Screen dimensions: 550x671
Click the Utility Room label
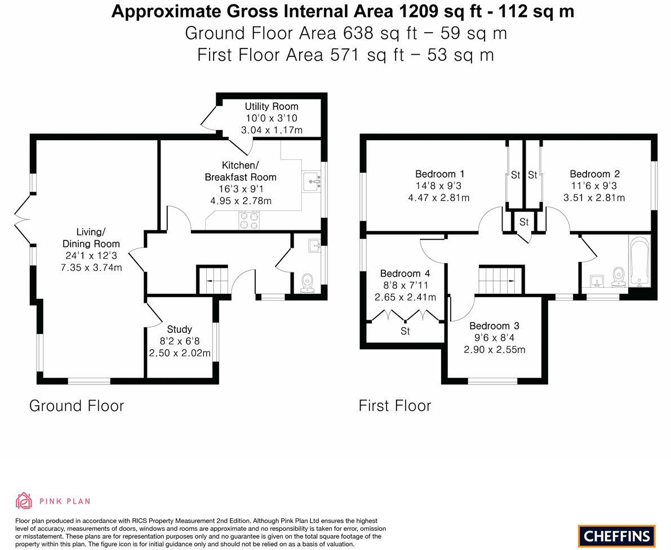click(x=271, y=106)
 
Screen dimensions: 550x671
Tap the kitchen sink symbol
click(x=312, y=181)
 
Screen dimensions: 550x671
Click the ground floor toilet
click(x=308, y=283)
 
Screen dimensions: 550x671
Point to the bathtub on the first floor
click(x=640, y=262)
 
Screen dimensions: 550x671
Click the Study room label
click(x=179, y=329)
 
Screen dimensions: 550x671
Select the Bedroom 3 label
click(x=494, y=326)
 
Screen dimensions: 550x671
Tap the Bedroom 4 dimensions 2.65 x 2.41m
click(x=405, y=297)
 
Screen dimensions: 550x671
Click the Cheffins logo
click(x=617, y=536)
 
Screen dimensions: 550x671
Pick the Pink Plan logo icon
click(x=24, y=500)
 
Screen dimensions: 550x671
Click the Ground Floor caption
click(x=77, y=405)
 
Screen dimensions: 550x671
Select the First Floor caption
click(x=395, y=405)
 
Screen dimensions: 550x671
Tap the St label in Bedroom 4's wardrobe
click(x=405, y=332)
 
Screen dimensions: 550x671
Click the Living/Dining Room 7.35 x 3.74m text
click(x=91, y=268)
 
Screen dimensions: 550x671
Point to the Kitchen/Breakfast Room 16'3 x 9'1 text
click(x=240, y=189)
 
